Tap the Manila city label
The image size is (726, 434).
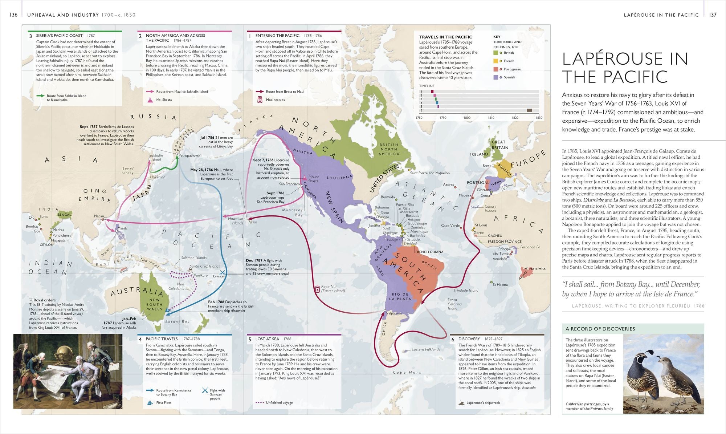(x=122, y=228)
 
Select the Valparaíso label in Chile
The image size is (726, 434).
(x=394, y=313)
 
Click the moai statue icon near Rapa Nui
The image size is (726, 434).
(x=318, y=289)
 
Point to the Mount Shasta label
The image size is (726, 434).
(x=313, y=179)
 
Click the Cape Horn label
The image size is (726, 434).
(x=407, y=372)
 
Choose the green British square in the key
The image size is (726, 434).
(x=495, y=53)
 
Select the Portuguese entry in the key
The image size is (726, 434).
(x=512, y=69)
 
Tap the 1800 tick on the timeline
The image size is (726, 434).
(x=467, y=118)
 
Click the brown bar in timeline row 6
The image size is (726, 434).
(x=529, y=110)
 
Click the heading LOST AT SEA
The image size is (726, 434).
(x=267, y=339)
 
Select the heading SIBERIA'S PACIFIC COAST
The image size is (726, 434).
(x=59, y=36)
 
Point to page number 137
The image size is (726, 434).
(x=713, y=15)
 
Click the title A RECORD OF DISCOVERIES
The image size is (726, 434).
(x=600, y=329)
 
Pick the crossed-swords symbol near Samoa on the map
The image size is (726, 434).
(x=222, y=272)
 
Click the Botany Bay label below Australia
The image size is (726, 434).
(x=178, y=321)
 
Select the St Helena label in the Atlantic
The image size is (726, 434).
(x=500, y=284)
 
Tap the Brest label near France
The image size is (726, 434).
(x=487, y=166)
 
